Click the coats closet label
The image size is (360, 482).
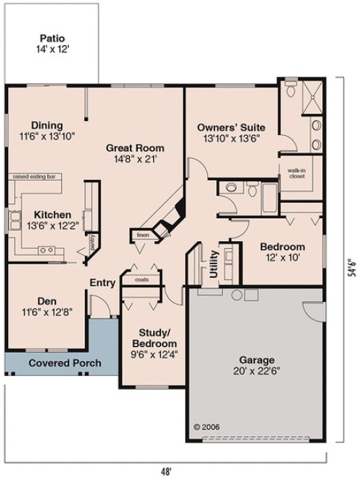pyautogui.click(x=142, y=278)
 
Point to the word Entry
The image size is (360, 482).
pyautogui.click(x=102, y=283)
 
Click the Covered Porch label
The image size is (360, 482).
pyautogui.click(x=65, y=363)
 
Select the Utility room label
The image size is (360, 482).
pyautogui.click(x=213, y=265)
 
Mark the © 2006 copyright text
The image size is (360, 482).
pyautogui.click(x=207, y=427)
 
